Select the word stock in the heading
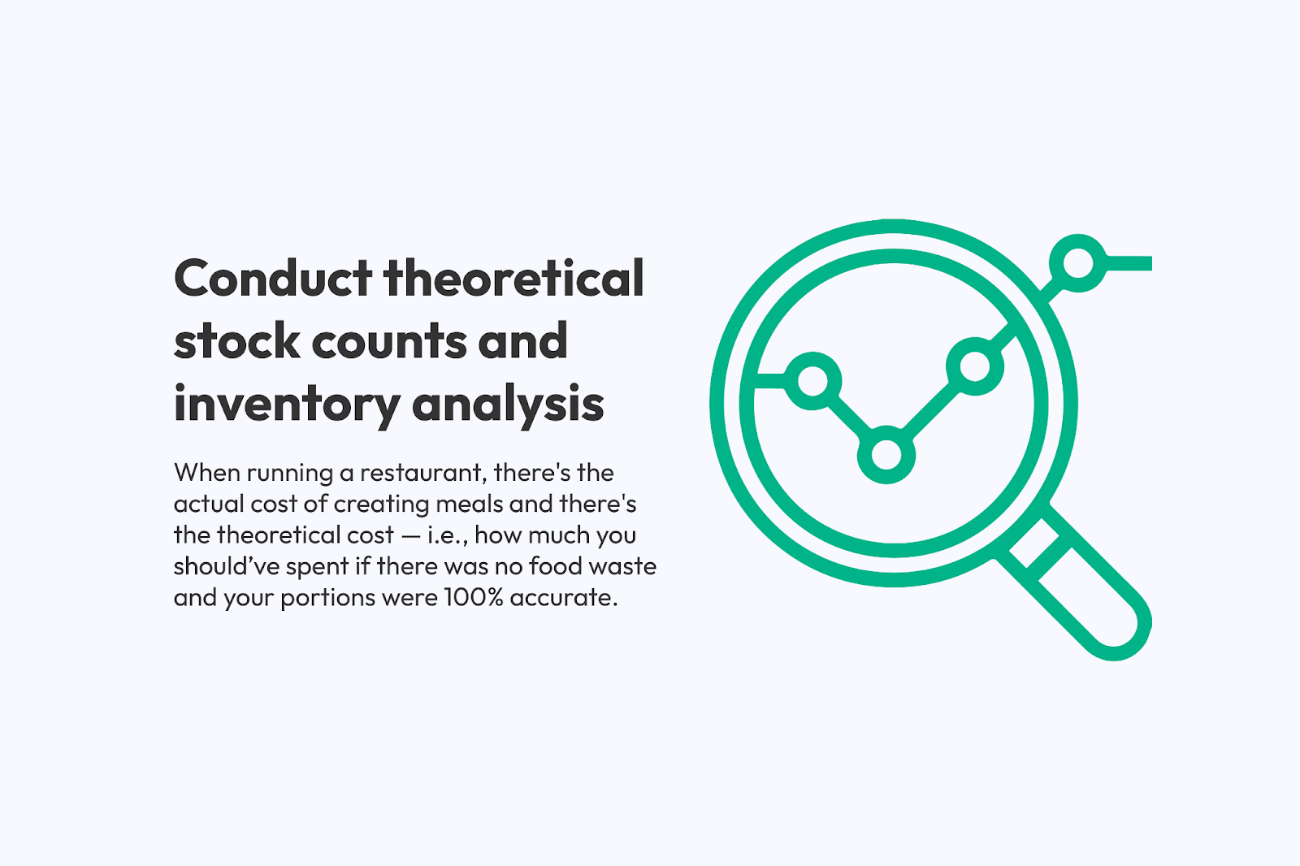[x=236, y=340]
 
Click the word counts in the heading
[x=389, y=342]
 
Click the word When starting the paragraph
[x=207, y=473]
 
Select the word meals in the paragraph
[x=469, y=504]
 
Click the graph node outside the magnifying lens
[x=1078, y=263]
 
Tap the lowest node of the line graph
[x=886, y=454]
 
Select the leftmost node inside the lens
[x=812, y=381]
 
